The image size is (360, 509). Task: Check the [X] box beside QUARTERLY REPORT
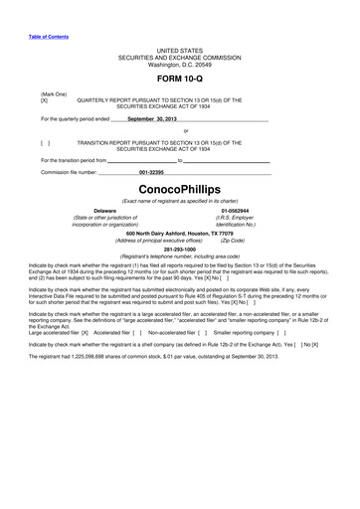click(44, 100)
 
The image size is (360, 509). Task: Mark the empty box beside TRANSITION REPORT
click(44, 142)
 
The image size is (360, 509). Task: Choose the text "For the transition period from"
click(75, 159)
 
